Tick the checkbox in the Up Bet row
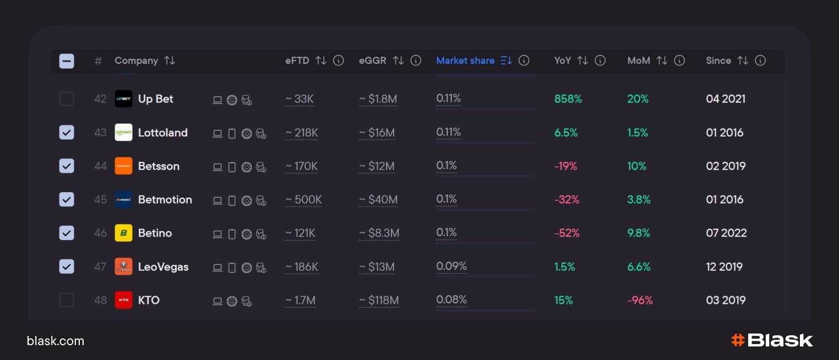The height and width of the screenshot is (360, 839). pos(67,99)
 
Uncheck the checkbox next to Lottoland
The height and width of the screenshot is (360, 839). pos(67,133)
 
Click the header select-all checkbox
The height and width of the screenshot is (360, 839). pos(67,61)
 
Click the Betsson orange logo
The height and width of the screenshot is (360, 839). pos(123,166)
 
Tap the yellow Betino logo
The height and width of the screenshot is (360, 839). pos(123,233)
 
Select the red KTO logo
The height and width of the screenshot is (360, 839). pos(123,300)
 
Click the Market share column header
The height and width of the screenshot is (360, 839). pos(465,61)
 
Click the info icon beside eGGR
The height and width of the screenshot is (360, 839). pos(416,61)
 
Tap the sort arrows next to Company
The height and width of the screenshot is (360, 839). pos(170,61)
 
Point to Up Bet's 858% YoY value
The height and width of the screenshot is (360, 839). pos(568,99)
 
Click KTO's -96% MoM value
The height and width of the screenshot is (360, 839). pos(640,300)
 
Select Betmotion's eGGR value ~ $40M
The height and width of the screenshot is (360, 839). pos(378,200)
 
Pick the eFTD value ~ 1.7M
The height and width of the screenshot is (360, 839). pos(300,300)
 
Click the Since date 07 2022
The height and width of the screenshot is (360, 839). pos(726,233)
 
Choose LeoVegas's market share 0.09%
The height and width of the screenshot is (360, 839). pos(451,266)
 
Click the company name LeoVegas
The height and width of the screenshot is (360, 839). pos(163,267)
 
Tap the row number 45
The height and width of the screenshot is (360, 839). pos(100,200)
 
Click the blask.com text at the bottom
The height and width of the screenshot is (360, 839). pos(56,341)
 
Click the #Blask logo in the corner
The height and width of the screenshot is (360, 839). pos(772,340)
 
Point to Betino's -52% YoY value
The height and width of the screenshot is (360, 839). pos(567,233)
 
